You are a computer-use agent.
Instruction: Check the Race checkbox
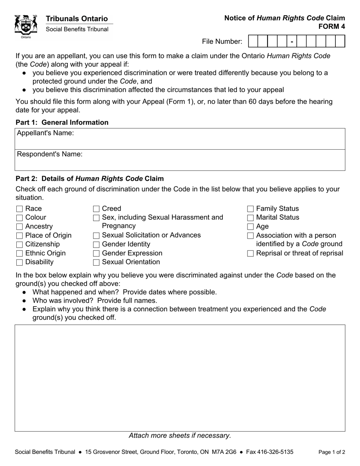click(20, 209)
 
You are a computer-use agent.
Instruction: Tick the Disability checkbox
click(20, 262)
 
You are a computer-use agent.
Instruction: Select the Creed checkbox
click(96, 209)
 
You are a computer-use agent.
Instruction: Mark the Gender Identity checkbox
click(96, 244)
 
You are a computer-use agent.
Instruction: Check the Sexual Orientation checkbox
click(96, 262)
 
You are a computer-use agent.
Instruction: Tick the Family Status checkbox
click(250, 209)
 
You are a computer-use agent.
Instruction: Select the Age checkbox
click(250, 227)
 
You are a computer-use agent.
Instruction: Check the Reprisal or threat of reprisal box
click(250, 253)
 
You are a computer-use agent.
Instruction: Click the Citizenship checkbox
click(20, 244)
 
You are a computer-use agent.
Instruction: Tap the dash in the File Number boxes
click(292, 41)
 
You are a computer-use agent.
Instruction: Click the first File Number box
click(253, 41)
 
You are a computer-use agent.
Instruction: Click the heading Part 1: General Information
click(62, 122)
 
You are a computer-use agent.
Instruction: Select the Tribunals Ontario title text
click(77, 19)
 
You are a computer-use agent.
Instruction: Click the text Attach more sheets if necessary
click(180, 436)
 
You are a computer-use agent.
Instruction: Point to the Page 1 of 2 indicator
click(332, 452)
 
